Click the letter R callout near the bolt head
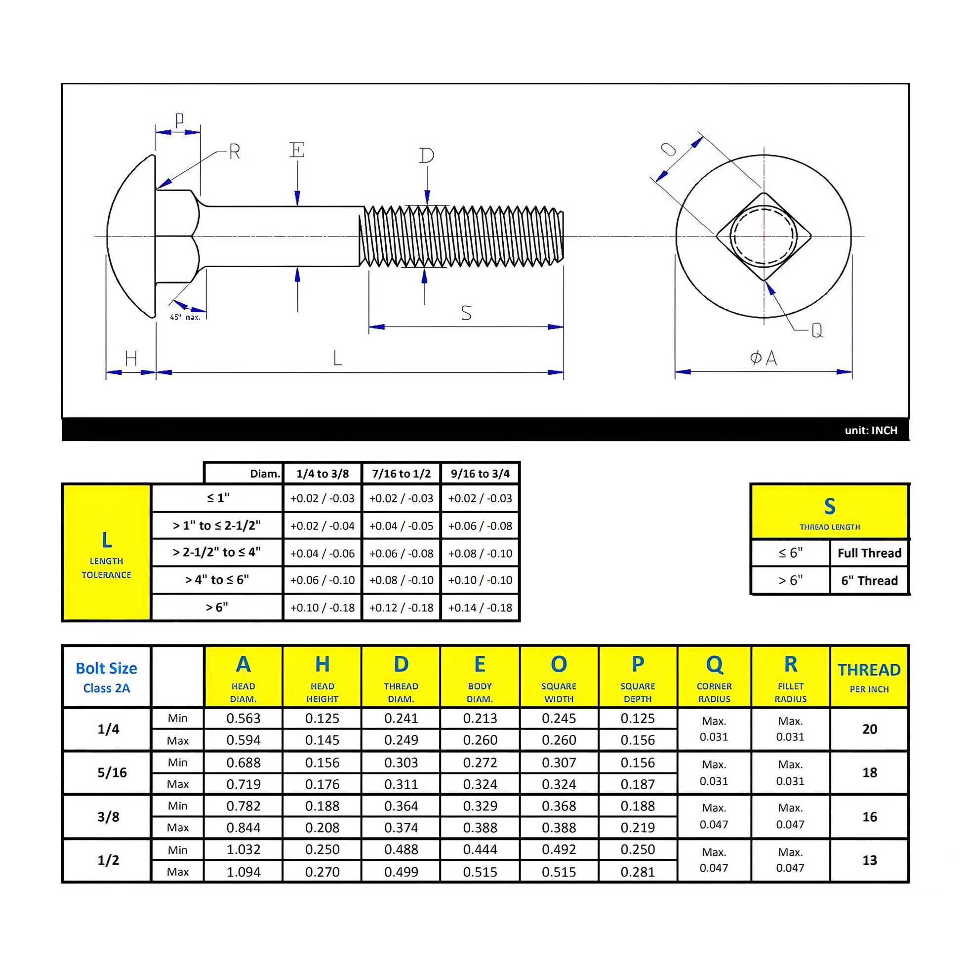click(235, 151)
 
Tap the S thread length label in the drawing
click(466, 313)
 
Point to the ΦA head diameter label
click(763, 358)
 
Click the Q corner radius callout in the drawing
click(817, 330)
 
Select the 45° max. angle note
click(185, 317)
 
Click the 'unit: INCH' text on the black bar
click(871, 430)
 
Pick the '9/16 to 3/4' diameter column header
click(480, 474)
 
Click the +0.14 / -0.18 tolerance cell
click(480, 608)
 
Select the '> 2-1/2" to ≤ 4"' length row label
click(216, 552)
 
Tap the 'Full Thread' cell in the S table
click(869, 553)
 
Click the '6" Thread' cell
click(869, 581)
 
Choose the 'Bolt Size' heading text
click(106, 668)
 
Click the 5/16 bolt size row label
click(112, 772)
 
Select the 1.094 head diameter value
click(243, 872)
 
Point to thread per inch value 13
click(869, 860)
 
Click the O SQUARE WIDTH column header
click(559, 677)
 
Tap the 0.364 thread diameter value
click(401, 806)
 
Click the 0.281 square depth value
click(637, 872)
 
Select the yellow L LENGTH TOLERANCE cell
click(106, 553)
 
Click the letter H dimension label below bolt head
click(131, 359)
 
